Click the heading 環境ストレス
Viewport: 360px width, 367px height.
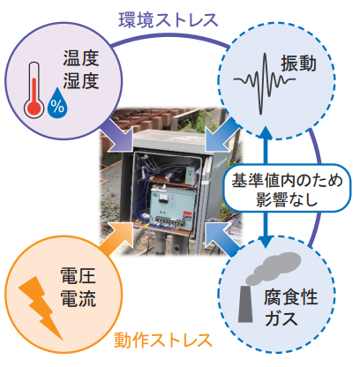169,20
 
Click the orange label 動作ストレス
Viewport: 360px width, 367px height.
163,341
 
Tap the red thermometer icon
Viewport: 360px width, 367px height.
34,90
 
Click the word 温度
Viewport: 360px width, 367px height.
81,58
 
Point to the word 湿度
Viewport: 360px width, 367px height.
81,81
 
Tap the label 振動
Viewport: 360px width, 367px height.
298,64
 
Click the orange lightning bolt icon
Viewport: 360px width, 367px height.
41,308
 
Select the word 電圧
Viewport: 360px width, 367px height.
78,276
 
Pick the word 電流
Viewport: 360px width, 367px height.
78,298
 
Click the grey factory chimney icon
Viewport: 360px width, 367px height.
245,303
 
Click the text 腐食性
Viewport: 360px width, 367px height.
290,297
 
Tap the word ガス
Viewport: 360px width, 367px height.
281,318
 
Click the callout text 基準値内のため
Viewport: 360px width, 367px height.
287,180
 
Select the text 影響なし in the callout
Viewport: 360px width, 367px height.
287,199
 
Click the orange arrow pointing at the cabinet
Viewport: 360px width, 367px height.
116,239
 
